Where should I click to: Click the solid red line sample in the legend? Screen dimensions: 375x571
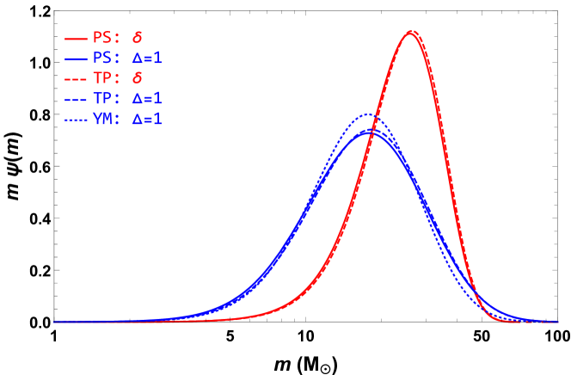pyautogui.click(x=76, y=39)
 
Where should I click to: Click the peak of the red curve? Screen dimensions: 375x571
pyautogui.click(x=411, y=32)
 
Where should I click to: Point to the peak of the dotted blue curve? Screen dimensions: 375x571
pyautogui.click(x=368, y=114)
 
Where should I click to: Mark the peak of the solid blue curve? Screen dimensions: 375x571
pyautogui.click(x=370, y=131)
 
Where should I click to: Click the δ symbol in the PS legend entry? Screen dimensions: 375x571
pyautogui.click(x=137, y=39)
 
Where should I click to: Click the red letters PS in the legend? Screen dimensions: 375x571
pyautogui.click(x=101, y=39)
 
